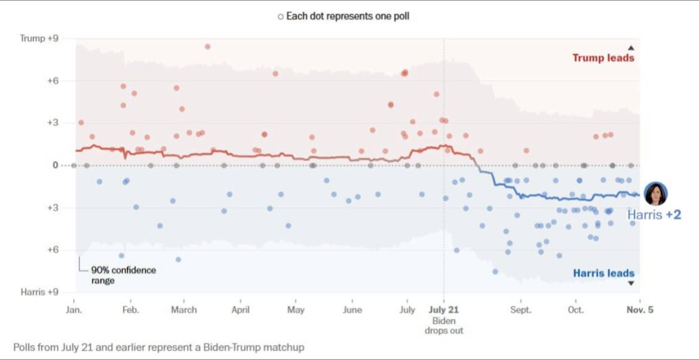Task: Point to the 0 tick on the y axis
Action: click(x=55, y=165)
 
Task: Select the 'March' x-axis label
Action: click(x=184, y=310)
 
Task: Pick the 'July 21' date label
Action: click(x=443, y=310)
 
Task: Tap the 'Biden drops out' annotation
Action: click(x=443, y=325)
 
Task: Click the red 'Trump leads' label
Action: click(x=603, y=58)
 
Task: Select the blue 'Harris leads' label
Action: click(x=603, y=273)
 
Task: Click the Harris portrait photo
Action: click(x=655, y=193)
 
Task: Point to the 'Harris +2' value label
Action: click(x=654, y=215)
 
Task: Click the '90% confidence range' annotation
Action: click(x=123, y=275)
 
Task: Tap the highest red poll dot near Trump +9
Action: click(x=207, y=47)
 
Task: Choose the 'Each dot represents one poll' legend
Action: click(x=344, y=17)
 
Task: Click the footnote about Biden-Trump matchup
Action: click(x=158, y=347)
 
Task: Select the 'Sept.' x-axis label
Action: click(x=520, y=310)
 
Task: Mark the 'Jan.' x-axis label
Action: click(x=74, y=310)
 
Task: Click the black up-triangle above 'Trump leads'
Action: click(x=631, y=48)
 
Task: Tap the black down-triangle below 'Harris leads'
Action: click(x=631, y=284)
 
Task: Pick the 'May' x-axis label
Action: click(x=296, y=310)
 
